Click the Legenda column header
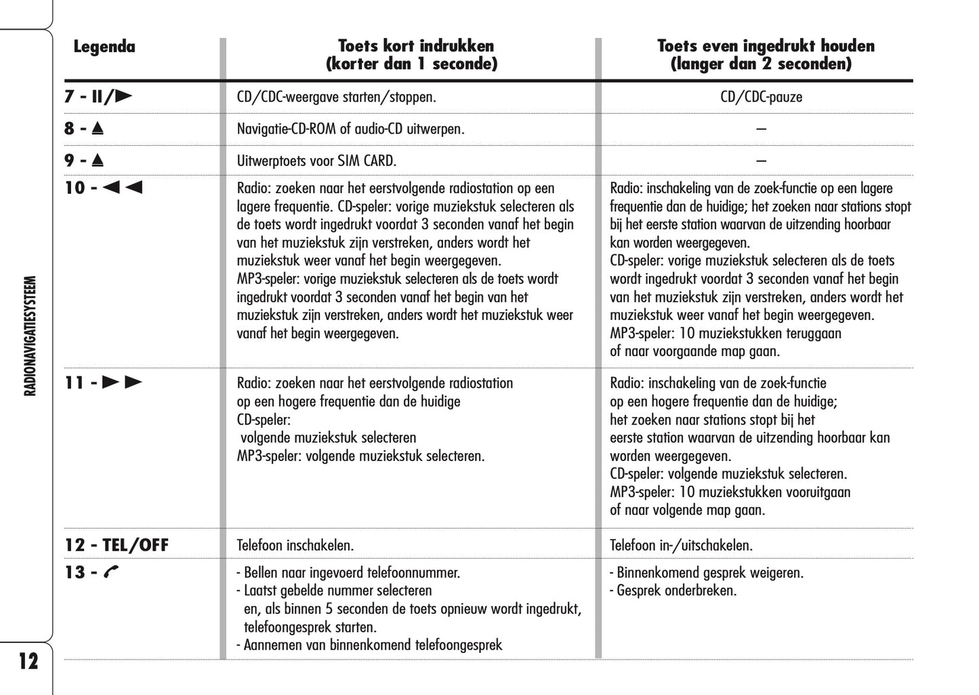coord(104,47)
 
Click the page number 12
coord(28,661)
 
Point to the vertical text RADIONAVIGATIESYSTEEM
coord(30,336)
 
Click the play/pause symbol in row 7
coord(112,96)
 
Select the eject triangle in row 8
coord(98,128)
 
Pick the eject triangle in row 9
coord(98,161)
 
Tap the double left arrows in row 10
coord(123,188)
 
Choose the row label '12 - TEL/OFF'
coord(117,545)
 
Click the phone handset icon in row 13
coord(111,573)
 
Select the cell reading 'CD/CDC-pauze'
coord(761,97)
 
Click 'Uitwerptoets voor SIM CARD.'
coord(316,161)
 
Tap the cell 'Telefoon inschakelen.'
coord(295,545)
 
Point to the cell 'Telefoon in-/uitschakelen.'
coord(681,545)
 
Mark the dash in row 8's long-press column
coord(761,129)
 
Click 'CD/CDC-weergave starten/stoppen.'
coord(336,97)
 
